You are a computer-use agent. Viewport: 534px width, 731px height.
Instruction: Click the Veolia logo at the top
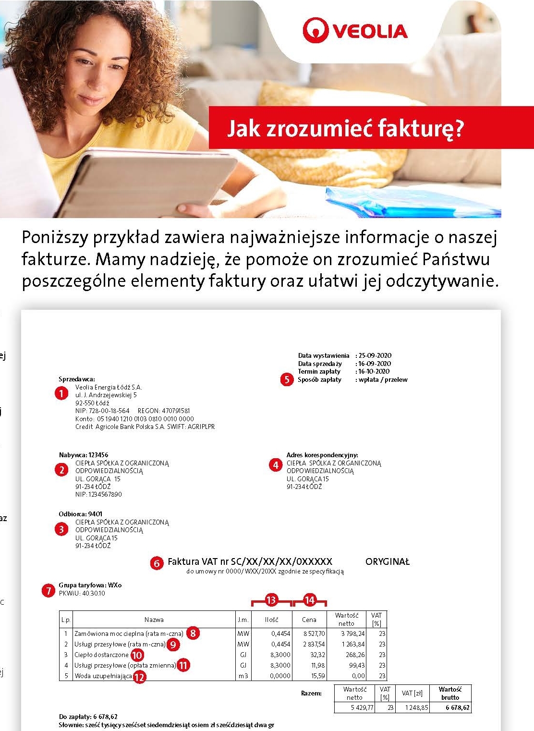[x=355, y=30]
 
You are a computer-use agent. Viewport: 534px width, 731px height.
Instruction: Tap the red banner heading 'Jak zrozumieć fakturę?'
[x=346, y=128]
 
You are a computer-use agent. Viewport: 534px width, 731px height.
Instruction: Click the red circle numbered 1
[x=61, y=393]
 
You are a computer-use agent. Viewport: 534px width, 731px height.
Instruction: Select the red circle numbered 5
[x=287, y=379]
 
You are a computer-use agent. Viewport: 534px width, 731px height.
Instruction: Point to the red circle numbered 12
[x=139, y=677]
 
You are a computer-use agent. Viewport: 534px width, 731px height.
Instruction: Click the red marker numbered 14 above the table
[x=310, y=600]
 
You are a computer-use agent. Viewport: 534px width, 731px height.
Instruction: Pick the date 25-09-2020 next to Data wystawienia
[x=375, y=356]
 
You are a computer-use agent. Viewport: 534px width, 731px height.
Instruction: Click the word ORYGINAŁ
[x=387, y=562]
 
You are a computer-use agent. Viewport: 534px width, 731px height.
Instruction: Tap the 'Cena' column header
[x=309, y=620]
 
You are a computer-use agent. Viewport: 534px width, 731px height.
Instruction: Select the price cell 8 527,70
[x=314, y=634]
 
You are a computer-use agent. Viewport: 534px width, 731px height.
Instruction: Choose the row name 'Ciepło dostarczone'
[x=101, y=655]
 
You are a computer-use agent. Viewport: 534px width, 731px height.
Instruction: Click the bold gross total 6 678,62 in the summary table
[x=457, y=707]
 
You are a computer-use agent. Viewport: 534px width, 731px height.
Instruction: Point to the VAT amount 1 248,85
[x=416, y=707]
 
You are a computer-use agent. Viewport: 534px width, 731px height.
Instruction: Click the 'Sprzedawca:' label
[x=77, y=379]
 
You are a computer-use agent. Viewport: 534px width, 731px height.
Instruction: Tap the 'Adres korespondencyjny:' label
[x=322, y=455]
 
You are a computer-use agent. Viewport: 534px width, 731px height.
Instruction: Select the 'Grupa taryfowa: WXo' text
[x=90, y=585]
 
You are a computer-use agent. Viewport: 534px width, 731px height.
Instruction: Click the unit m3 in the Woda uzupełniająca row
[x=243, y=676]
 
